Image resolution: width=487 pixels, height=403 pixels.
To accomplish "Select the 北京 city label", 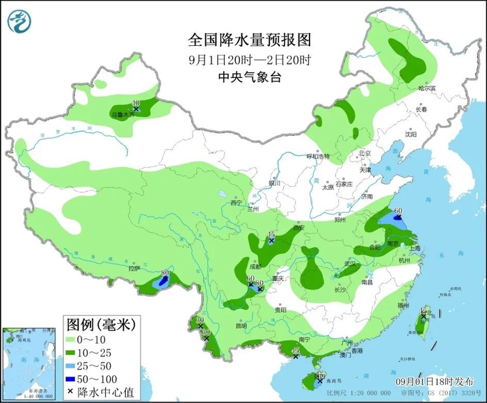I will coord(365,153).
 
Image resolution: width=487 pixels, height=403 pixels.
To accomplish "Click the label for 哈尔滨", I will coord(426,88).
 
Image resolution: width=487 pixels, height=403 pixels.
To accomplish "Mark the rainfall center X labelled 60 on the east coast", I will coord(397,218).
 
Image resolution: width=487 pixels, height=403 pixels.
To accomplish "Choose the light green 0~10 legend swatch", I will coord(72,339).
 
